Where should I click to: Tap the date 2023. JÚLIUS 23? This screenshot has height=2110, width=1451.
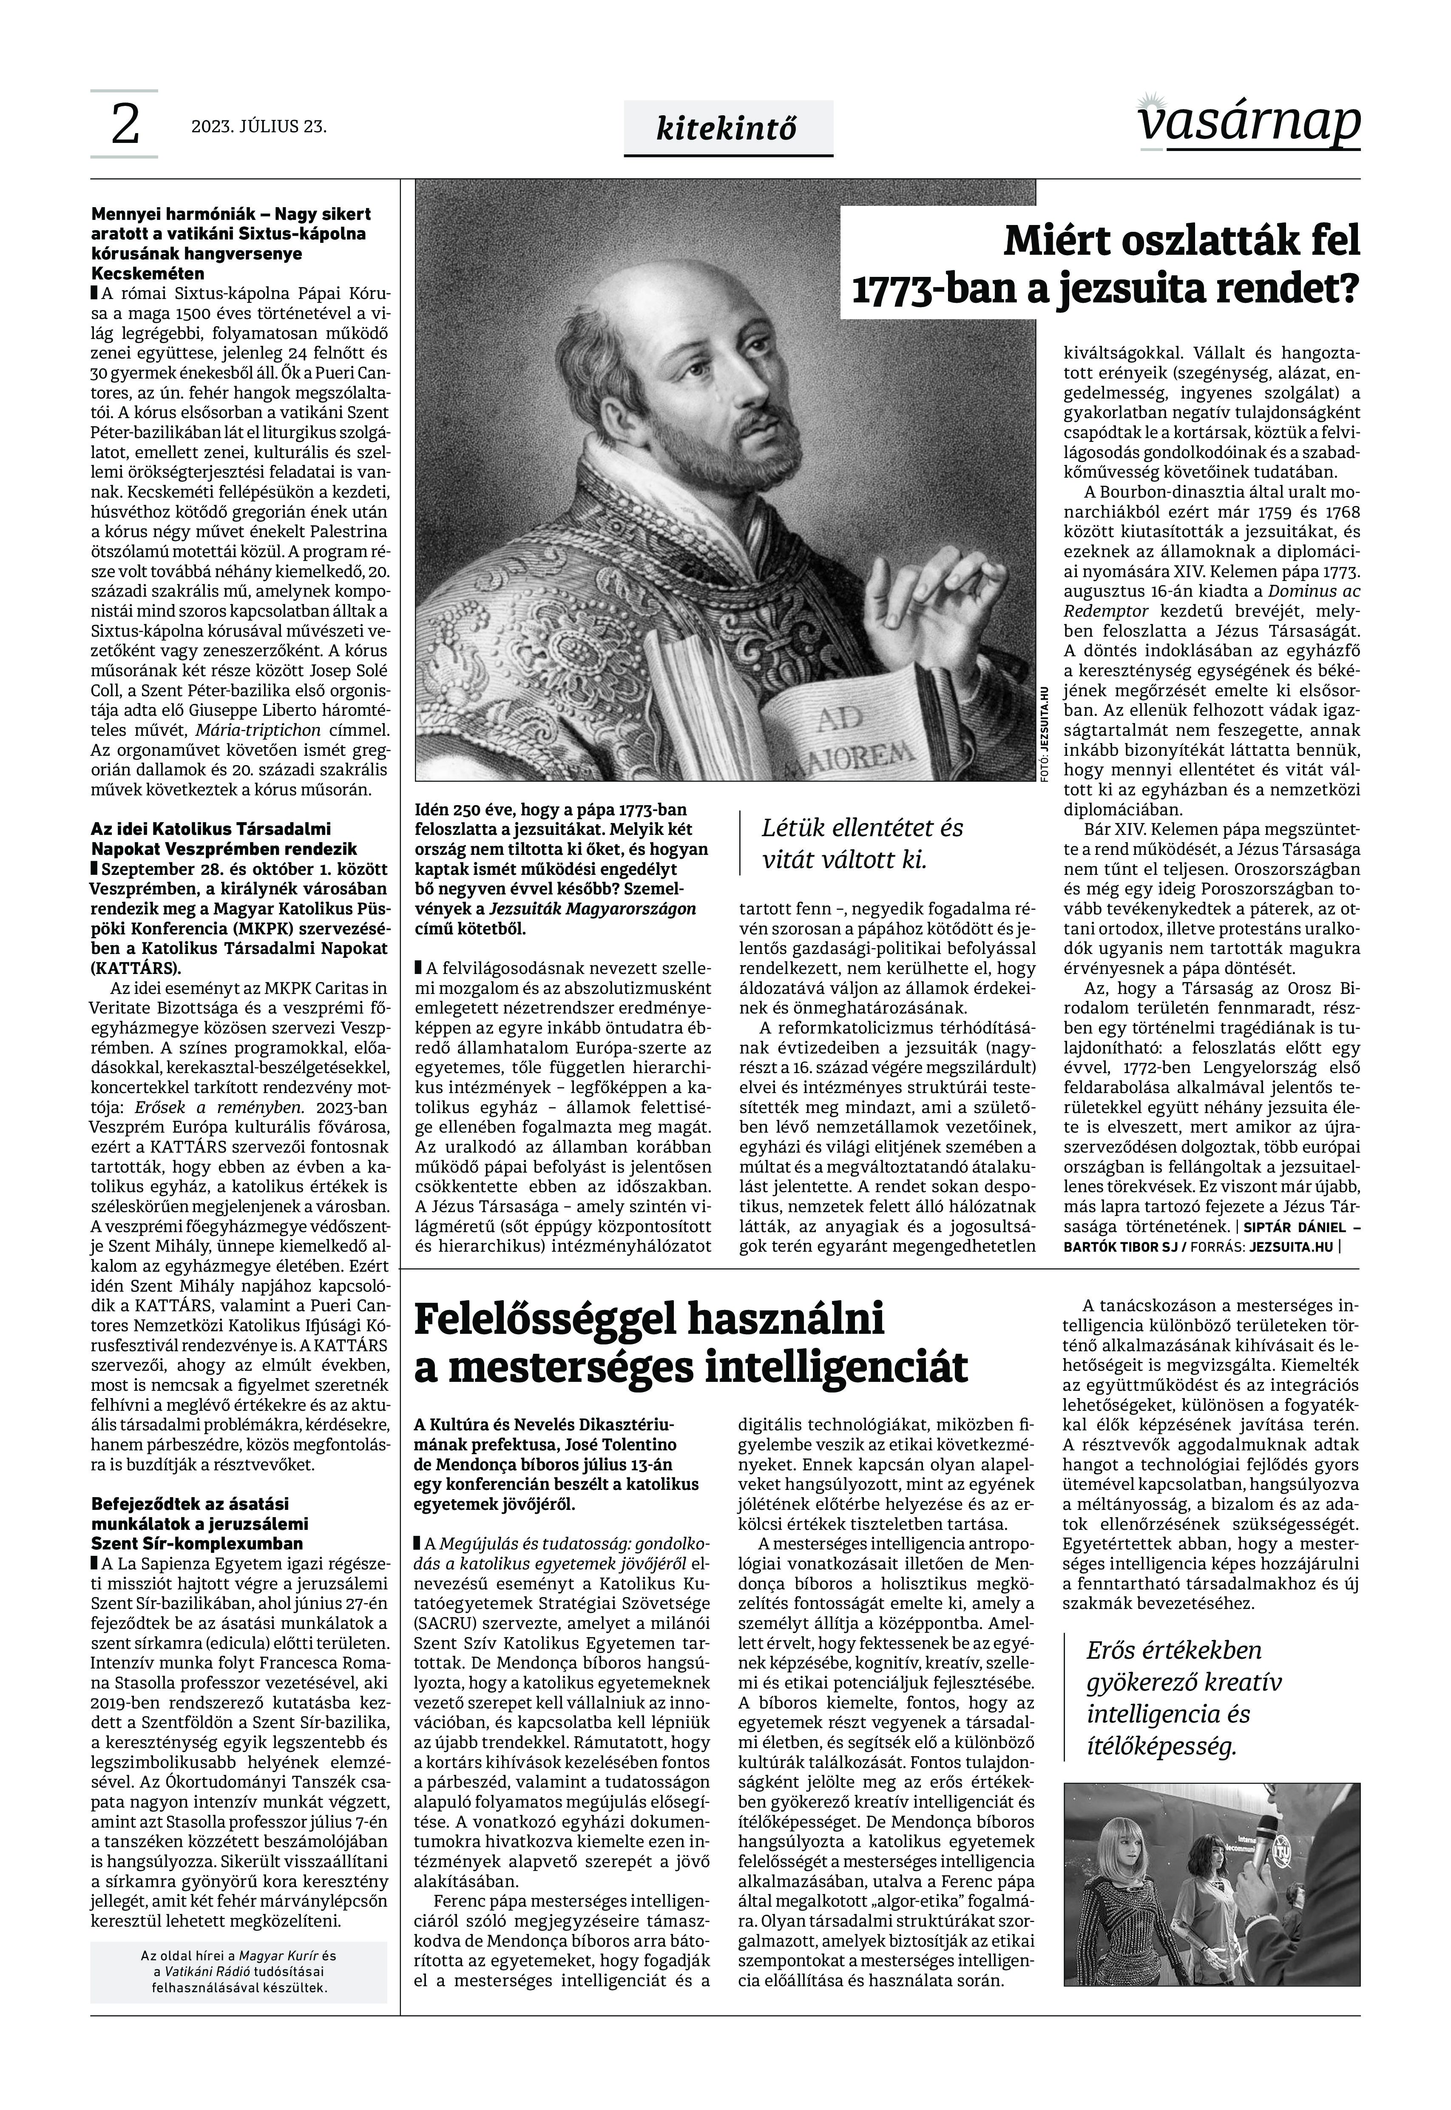pyautogui.click(x=258, y=126)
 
